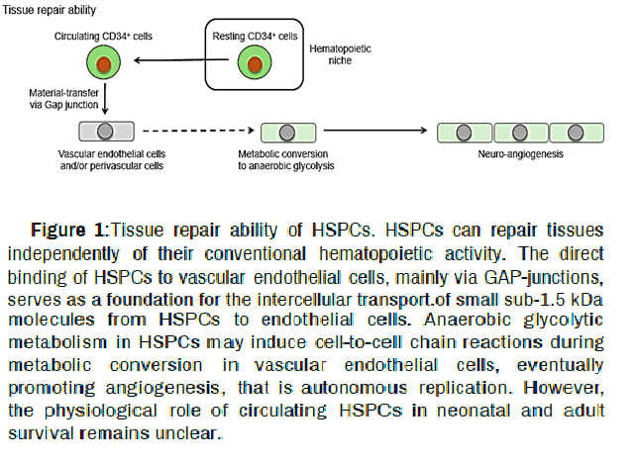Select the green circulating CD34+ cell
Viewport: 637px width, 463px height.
(x=97, y=65)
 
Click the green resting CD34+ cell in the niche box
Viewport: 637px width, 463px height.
(x=254, y=65)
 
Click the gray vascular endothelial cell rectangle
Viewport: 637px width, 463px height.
(x=102, y=131)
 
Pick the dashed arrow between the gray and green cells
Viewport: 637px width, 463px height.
(x=193, y=131)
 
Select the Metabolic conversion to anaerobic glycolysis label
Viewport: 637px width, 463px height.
(x=286, y=160)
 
